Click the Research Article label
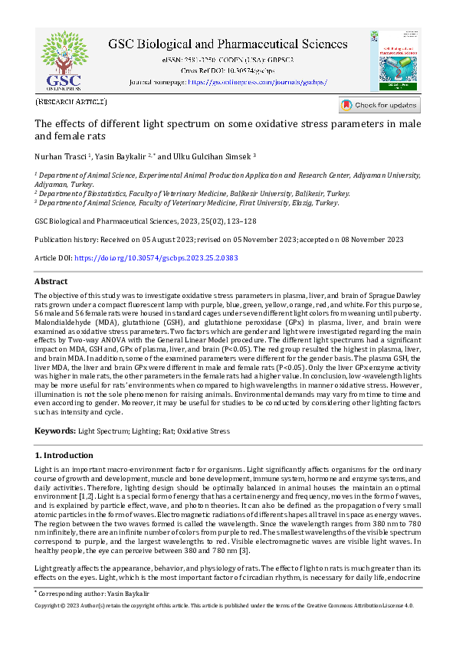click(71, 102)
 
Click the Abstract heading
click(51, 282)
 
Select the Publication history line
click(219, 240)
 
